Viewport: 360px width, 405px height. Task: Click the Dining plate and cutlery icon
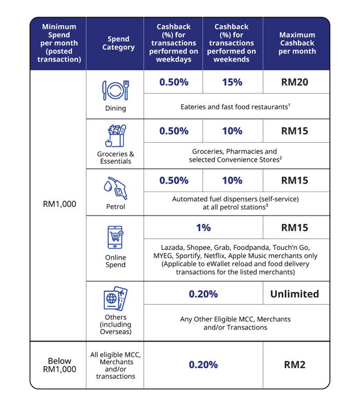(x=115, y=90)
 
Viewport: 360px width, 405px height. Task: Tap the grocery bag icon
(x=115, y=137)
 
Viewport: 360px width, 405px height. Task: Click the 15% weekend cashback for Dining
(x=232, y=82)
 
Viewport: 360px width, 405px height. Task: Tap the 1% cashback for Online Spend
(x=203, y=227)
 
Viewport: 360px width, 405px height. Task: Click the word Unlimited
(x=295, y=294)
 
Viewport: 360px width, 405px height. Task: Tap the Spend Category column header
(x=115, y=43)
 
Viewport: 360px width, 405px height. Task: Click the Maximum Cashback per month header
(x=297, y=43)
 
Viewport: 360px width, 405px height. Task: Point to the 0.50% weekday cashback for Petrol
(x=174, y=180)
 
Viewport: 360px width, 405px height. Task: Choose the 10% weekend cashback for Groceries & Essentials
(x=232, y=131)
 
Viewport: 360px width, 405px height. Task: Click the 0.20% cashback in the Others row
(x=203, y=294)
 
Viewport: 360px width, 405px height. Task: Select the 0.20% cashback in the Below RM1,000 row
(x=203, y=365)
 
